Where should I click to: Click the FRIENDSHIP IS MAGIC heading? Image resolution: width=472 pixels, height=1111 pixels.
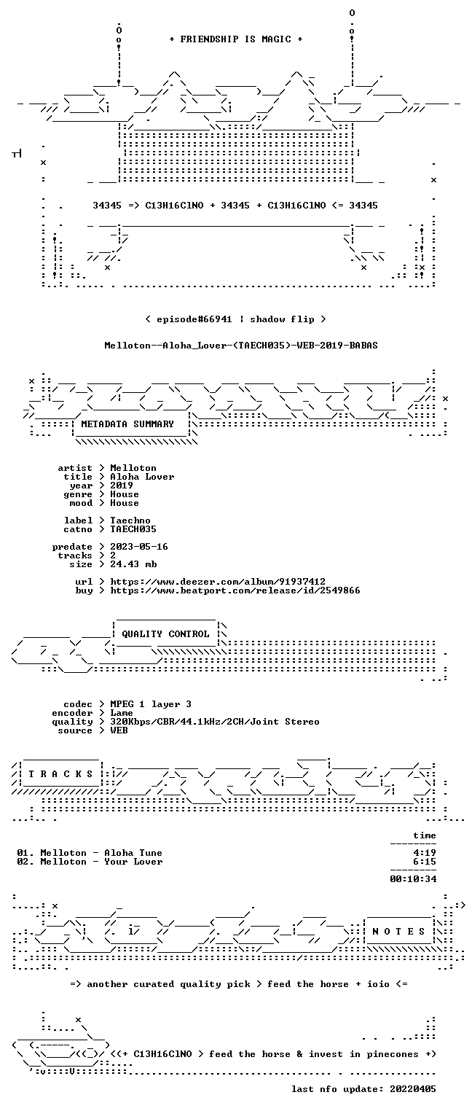(235, 39)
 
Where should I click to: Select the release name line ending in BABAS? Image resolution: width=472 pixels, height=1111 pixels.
(241, 346)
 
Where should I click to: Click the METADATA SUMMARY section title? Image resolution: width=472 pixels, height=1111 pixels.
(127, 424)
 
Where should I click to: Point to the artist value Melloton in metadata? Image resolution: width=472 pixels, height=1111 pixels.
(133, 468)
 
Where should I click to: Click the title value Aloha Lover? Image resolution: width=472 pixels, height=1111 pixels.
(142, 477)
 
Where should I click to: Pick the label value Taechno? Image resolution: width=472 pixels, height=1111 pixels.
(130, 521)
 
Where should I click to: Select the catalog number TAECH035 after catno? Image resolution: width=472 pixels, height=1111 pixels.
(133, 529)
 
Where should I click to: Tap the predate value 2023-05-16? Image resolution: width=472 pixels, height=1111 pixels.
(139, 547)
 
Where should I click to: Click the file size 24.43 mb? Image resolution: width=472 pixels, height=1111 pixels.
(133, 564)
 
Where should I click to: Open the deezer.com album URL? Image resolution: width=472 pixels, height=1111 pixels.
(218, 582)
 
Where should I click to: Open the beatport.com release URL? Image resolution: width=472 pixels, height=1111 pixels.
(235, 590)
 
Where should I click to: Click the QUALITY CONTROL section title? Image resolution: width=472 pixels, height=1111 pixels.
(165, 634)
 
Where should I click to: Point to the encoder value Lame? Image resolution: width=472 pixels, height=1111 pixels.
(122, 713)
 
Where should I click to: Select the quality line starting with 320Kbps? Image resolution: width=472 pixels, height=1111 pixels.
(215, 722)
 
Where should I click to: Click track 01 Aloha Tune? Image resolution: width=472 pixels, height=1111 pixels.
(90, 853)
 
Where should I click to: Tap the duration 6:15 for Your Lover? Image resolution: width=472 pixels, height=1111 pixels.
(425, 862)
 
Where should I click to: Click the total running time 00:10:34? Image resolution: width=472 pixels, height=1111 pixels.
(413, 879)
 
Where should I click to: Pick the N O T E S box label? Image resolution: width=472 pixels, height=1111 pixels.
(398, 932)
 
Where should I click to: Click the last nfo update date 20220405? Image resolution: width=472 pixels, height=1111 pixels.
(413, 1089)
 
